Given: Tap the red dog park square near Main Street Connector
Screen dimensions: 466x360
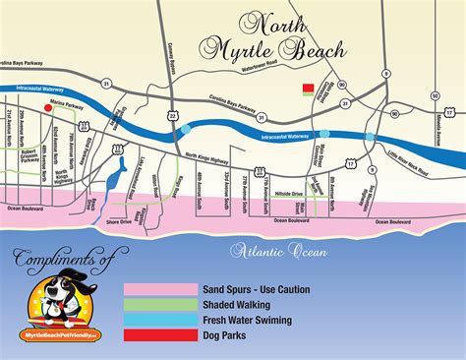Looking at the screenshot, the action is coord(309,88).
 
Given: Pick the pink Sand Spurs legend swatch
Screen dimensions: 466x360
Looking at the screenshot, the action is coord(159,289).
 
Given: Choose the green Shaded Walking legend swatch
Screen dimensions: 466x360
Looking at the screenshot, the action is coord(159,305).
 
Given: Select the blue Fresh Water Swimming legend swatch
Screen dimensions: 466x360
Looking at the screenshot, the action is coord(159,321).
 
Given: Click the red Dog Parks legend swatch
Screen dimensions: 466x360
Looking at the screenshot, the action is coord(159,336).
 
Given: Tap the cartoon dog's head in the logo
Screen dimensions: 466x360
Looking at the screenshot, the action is coord(61,296).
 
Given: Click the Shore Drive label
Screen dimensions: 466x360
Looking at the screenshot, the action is coord(119,222).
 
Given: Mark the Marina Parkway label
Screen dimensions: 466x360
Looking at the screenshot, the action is coord(69,101).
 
